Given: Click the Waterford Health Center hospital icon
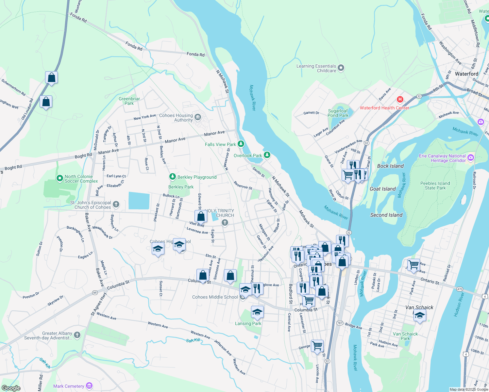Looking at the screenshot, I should [x=400, y=99].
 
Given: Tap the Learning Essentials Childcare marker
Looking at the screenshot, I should [x=341, y=68].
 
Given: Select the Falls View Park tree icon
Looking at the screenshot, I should [x=241, y=144].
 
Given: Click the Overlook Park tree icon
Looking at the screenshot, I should [x=267, y=155].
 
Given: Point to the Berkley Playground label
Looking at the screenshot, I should [x=197, y=177].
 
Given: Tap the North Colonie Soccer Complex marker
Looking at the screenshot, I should [x=59, y=178].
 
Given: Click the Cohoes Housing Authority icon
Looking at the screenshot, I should [x=197, y=117].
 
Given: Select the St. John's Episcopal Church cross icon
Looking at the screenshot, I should [x=116, y=205].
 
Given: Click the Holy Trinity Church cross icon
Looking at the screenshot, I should [x=225, y=223].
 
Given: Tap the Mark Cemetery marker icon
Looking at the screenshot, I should [x=89, y=386].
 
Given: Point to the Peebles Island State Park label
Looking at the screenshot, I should [x=435, y=186].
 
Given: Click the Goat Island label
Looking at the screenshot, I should [x=382, y=189].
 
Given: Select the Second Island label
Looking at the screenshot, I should [x=386, y=215].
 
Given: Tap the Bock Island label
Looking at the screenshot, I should [x=390, y=166].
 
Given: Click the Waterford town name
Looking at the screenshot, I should [x=466, y=74].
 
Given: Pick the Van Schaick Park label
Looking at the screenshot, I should [x=405, y=336].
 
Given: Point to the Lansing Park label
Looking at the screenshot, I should [x=248, y=323].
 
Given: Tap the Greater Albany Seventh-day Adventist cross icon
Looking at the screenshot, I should [x=77, y=335].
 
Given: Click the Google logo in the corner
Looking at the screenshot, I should [x=11, y=388].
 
